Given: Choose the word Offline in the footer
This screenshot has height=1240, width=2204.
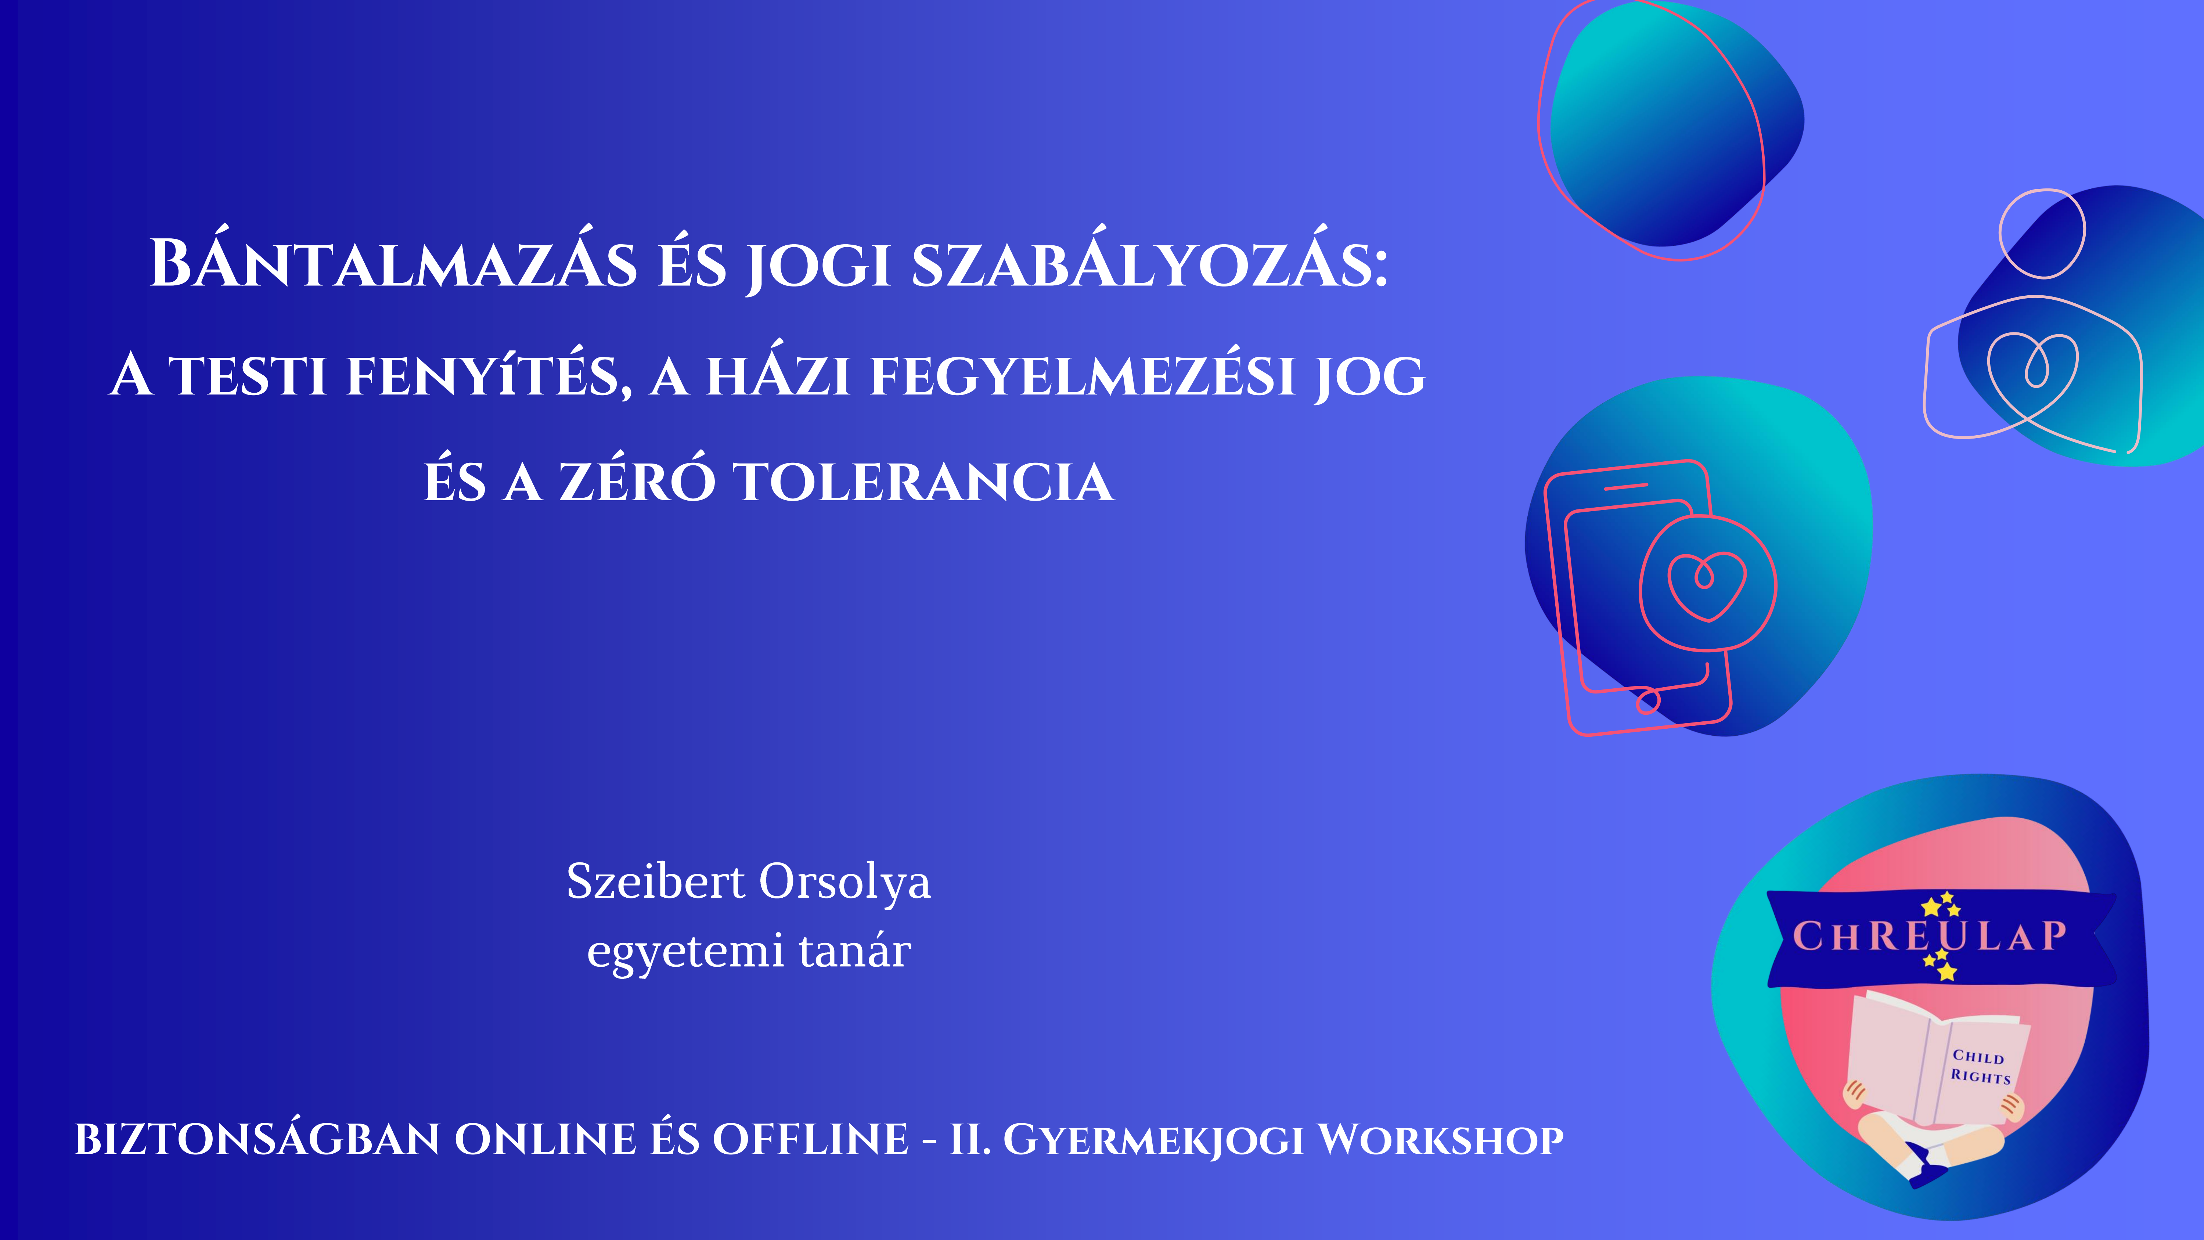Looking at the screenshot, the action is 810,1140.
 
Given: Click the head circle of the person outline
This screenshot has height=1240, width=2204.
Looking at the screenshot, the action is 2042,234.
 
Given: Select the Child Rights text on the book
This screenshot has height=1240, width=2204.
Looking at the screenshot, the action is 1980,1066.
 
